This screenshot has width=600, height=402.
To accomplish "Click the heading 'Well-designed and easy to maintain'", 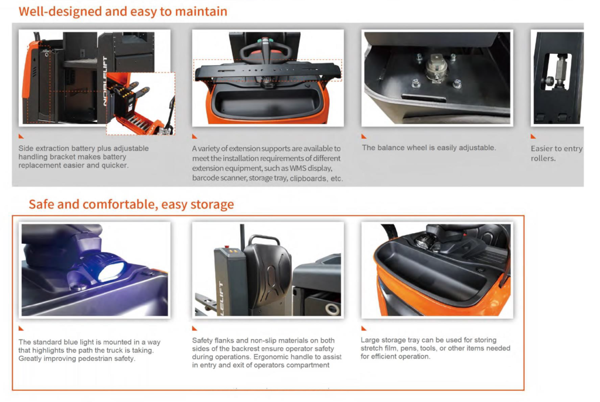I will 123,12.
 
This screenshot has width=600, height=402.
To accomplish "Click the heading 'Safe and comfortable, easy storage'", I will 131,205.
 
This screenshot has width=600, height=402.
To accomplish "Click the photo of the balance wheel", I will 437,78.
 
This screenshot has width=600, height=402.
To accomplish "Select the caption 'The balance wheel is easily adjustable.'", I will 428,148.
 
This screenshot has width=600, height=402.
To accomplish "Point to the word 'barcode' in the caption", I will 207,178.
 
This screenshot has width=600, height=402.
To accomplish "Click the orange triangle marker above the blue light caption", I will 21,329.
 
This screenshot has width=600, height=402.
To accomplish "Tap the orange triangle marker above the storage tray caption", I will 364,329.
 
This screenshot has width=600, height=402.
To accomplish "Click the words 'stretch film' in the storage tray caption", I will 382,348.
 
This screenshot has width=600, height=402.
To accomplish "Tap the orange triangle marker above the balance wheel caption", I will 364,137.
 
